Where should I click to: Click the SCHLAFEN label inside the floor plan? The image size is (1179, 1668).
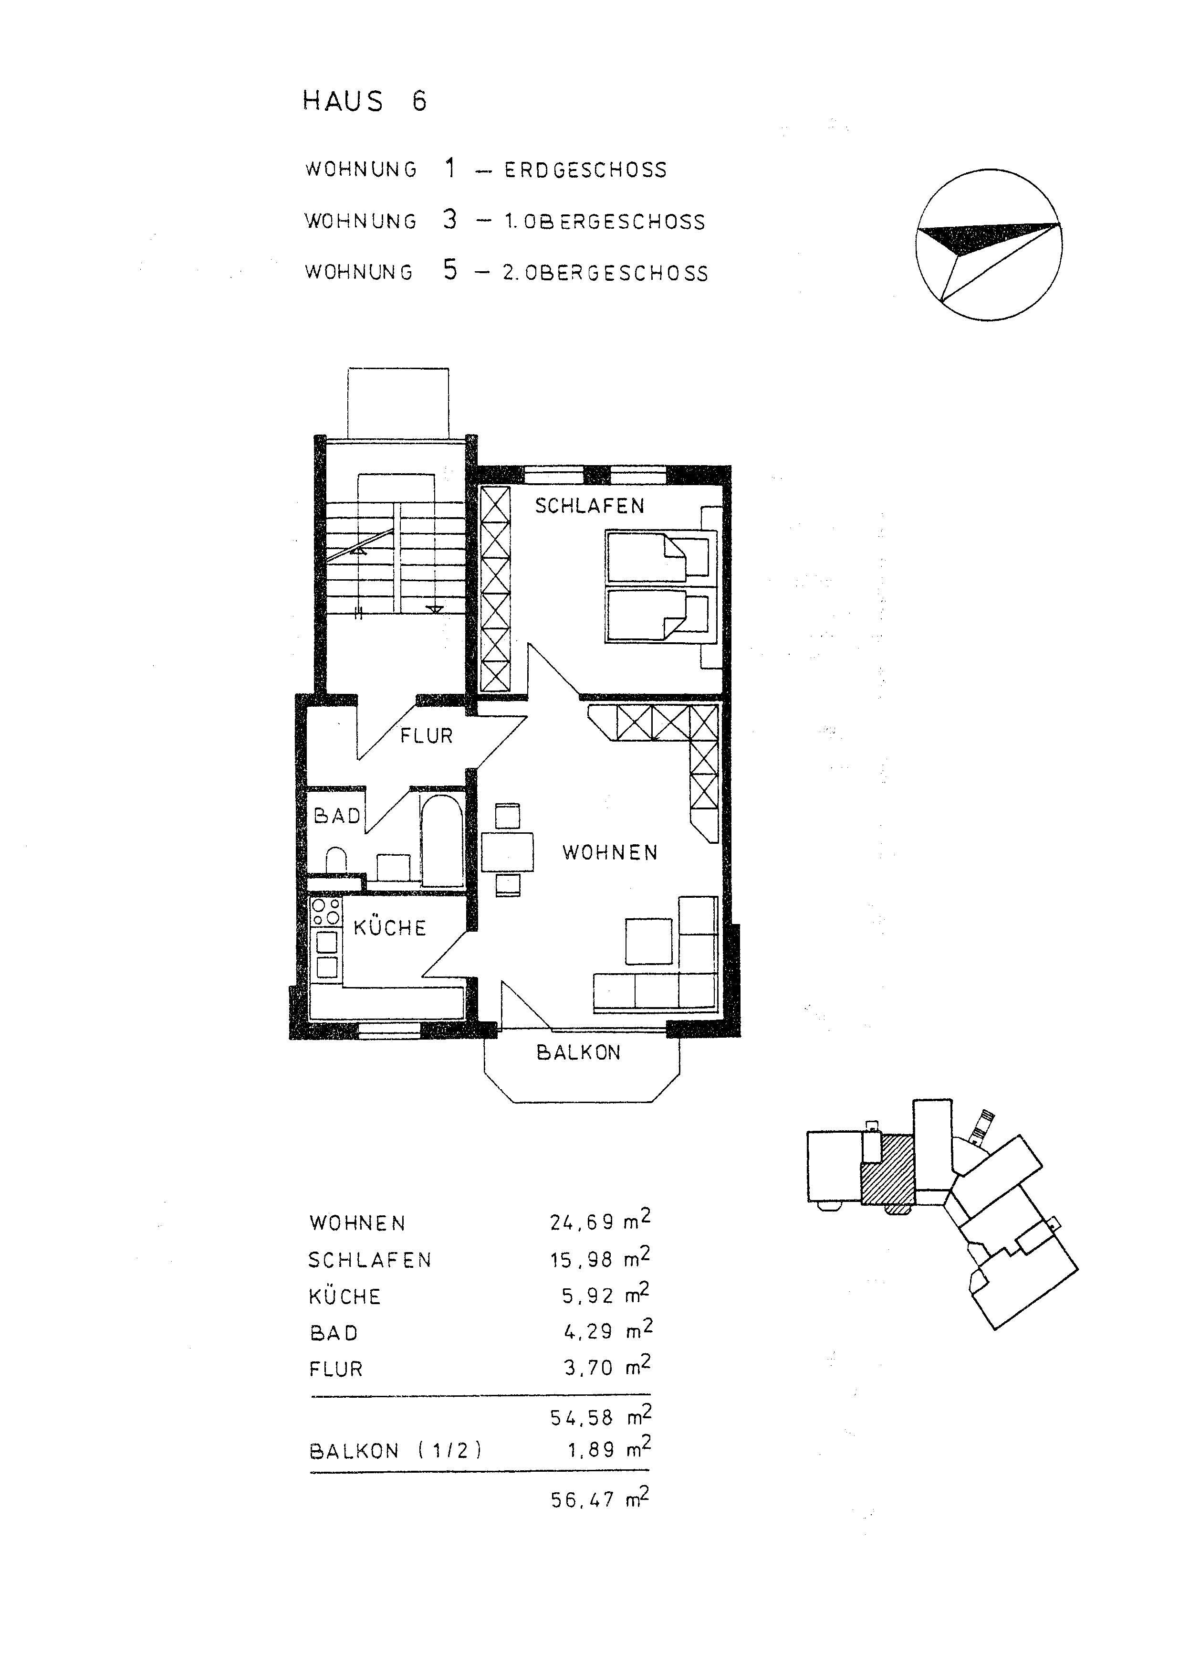click(590, 506)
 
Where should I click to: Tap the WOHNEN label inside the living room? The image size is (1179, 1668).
click(610, 852)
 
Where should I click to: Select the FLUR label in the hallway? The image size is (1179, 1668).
click(426, 736)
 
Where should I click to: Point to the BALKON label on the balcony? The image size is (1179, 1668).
click(579, 1052)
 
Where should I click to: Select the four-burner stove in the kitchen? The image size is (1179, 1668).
click(325, 912)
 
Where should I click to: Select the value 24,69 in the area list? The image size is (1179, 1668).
click(582, 1222)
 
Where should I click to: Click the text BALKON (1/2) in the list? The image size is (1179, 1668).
click(396, 1451)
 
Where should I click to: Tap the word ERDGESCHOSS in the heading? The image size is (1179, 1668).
click(585, 170)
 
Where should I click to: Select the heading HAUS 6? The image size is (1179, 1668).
click(365, 101)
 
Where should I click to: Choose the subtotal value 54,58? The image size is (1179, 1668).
click(582, 1417)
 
